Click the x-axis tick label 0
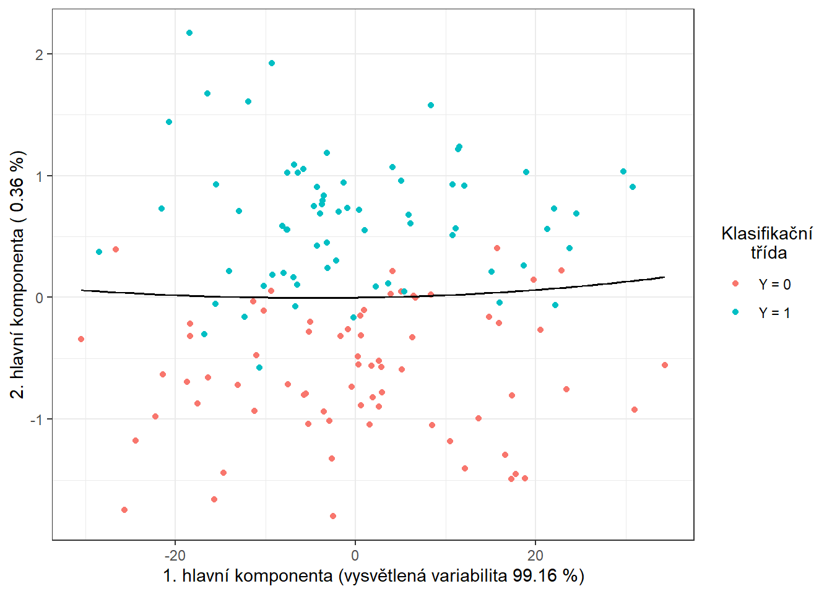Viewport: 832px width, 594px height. point(355,556)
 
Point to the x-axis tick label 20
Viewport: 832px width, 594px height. point(535,556)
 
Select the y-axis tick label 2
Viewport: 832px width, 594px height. point(40,54)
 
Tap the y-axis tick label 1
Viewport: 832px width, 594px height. point(40,176)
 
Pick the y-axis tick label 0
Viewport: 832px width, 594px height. point(40,298)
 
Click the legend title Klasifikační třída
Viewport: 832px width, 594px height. point(767,243)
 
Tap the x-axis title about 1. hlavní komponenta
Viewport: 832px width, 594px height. point(373,576)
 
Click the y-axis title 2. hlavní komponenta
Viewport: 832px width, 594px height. point(19,274)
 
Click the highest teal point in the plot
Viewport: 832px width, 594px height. point(189,33)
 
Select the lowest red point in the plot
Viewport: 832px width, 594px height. point(333,516)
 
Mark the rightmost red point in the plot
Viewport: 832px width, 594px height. point(665,365)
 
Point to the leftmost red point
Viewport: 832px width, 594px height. point(81,339)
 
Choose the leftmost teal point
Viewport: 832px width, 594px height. point(99,252)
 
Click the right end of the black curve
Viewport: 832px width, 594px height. point(664,277)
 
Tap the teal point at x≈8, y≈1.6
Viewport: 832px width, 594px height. point(431,105)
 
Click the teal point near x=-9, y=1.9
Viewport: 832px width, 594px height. point(272,63)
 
